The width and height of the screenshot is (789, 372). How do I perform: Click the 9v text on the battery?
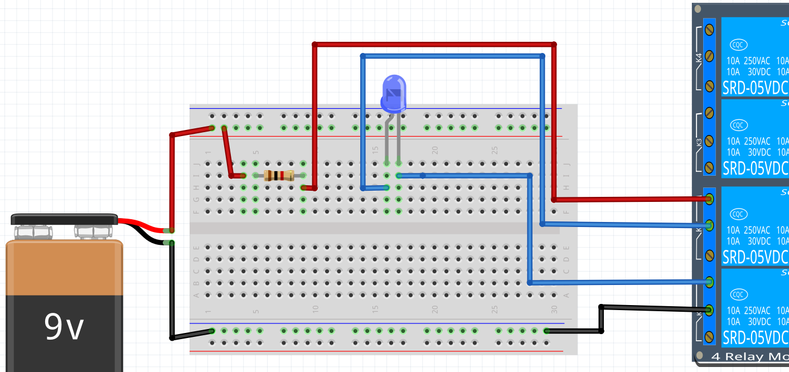(x=64, y=327)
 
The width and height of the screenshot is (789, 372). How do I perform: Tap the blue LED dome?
(x=394, y=91)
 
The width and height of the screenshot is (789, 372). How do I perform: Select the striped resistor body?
(x=279, y=176)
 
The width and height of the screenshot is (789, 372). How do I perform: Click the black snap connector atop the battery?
(x=64, y=219)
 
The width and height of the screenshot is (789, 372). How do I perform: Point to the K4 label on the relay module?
(x=699, y=58)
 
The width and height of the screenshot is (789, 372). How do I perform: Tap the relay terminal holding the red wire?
(x=710, y=199)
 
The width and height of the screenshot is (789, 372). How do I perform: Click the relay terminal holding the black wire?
(x=710, y=310)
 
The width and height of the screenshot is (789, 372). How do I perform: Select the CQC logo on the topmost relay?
(x=739, y=45)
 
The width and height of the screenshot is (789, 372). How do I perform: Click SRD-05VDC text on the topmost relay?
(x=755, y=88)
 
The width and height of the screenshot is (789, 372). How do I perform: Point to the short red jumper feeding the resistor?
(x=227, y=152)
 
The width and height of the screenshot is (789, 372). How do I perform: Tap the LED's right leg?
(x=399, y=139)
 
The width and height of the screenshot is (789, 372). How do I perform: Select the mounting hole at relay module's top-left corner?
(x=698, y=9)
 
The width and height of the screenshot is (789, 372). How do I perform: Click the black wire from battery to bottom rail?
(x=172, y=290)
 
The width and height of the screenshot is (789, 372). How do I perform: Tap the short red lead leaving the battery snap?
(x=142, y=224)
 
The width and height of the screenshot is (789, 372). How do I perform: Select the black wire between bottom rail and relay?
(x=601, y=319)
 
